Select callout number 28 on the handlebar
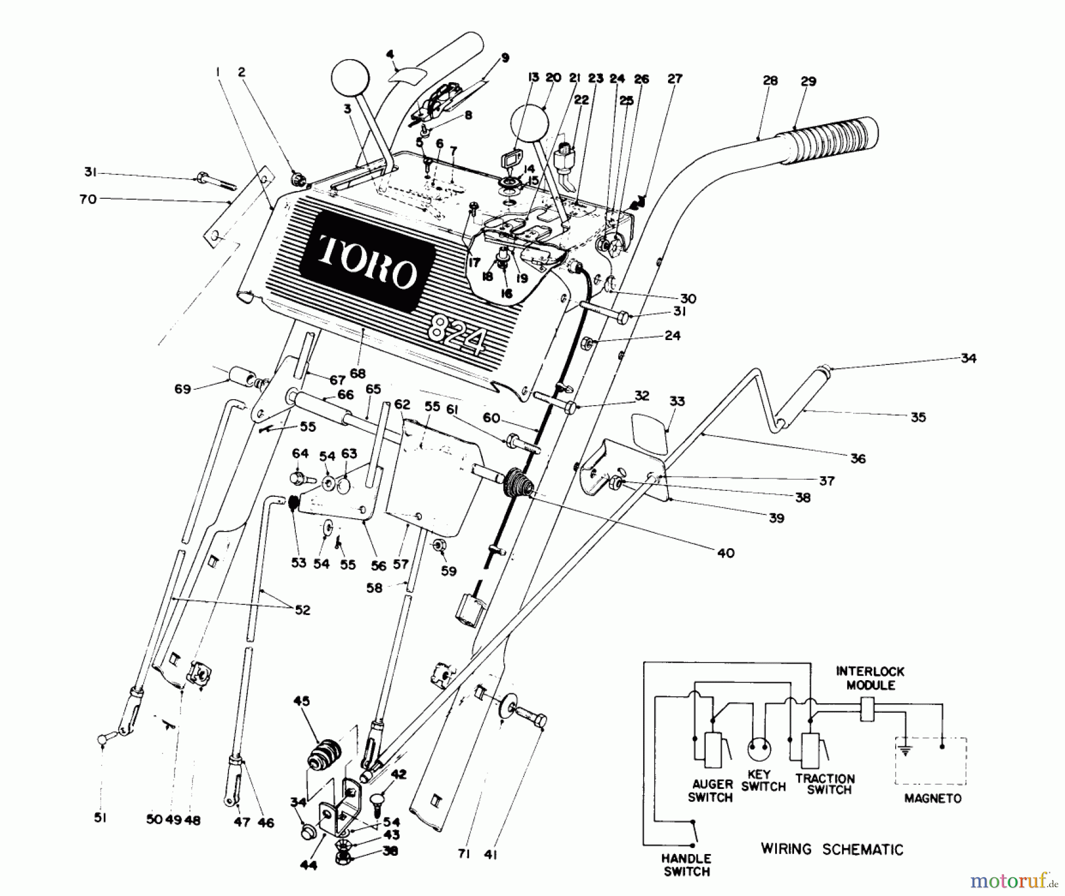coord(770,81)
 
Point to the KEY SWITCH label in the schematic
coord(763,781)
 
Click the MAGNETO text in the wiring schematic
coord(932,798)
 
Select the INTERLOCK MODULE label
coord(870,678)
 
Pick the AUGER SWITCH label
coord(711,791)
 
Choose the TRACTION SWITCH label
coord(825,784)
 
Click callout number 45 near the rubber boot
coord(301,701)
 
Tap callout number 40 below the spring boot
coord(725,553)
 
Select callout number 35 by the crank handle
coord(918,417)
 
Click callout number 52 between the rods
coord(302,610)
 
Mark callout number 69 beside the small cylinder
coord(182,389)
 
